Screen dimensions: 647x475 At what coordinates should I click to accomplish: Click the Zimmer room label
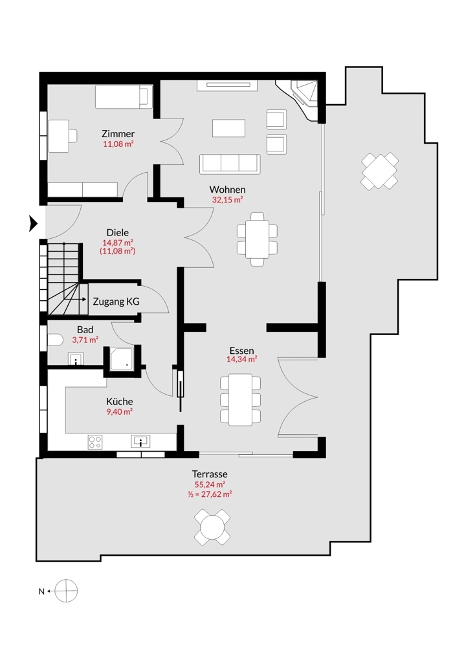(118, 134)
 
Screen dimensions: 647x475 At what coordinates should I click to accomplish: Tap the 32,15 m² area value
(227, 200)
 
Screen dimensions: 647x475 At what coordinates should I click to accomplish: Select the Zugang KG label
(116, 302)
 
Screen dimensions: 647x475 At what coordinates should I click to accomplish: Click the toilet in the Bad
(54, 340)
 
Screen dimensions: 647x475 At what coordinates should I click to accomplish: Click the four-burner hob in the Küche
(95, 442)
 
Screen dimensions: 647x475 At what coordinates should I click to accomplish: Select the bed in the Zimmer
(123, 98)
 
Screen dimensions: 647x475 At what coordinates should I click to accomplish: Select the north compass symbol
(66, 591)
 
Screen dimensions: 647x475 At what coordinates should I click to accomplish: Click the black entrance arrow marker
(34, 224)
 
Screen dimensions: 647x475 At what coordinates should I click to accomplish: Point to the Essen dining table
(240, 400)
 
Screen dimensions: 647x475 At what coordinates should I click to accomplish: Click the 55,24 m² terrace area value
(209, 484)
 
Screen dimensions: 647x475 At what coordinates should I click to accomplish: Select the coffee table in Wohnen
(229, 128)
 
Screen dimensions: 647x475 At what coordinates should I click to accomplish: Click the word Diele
(117, 232)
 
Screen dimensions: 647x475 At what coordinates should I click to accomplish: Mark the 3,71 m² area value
(85, 339)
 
